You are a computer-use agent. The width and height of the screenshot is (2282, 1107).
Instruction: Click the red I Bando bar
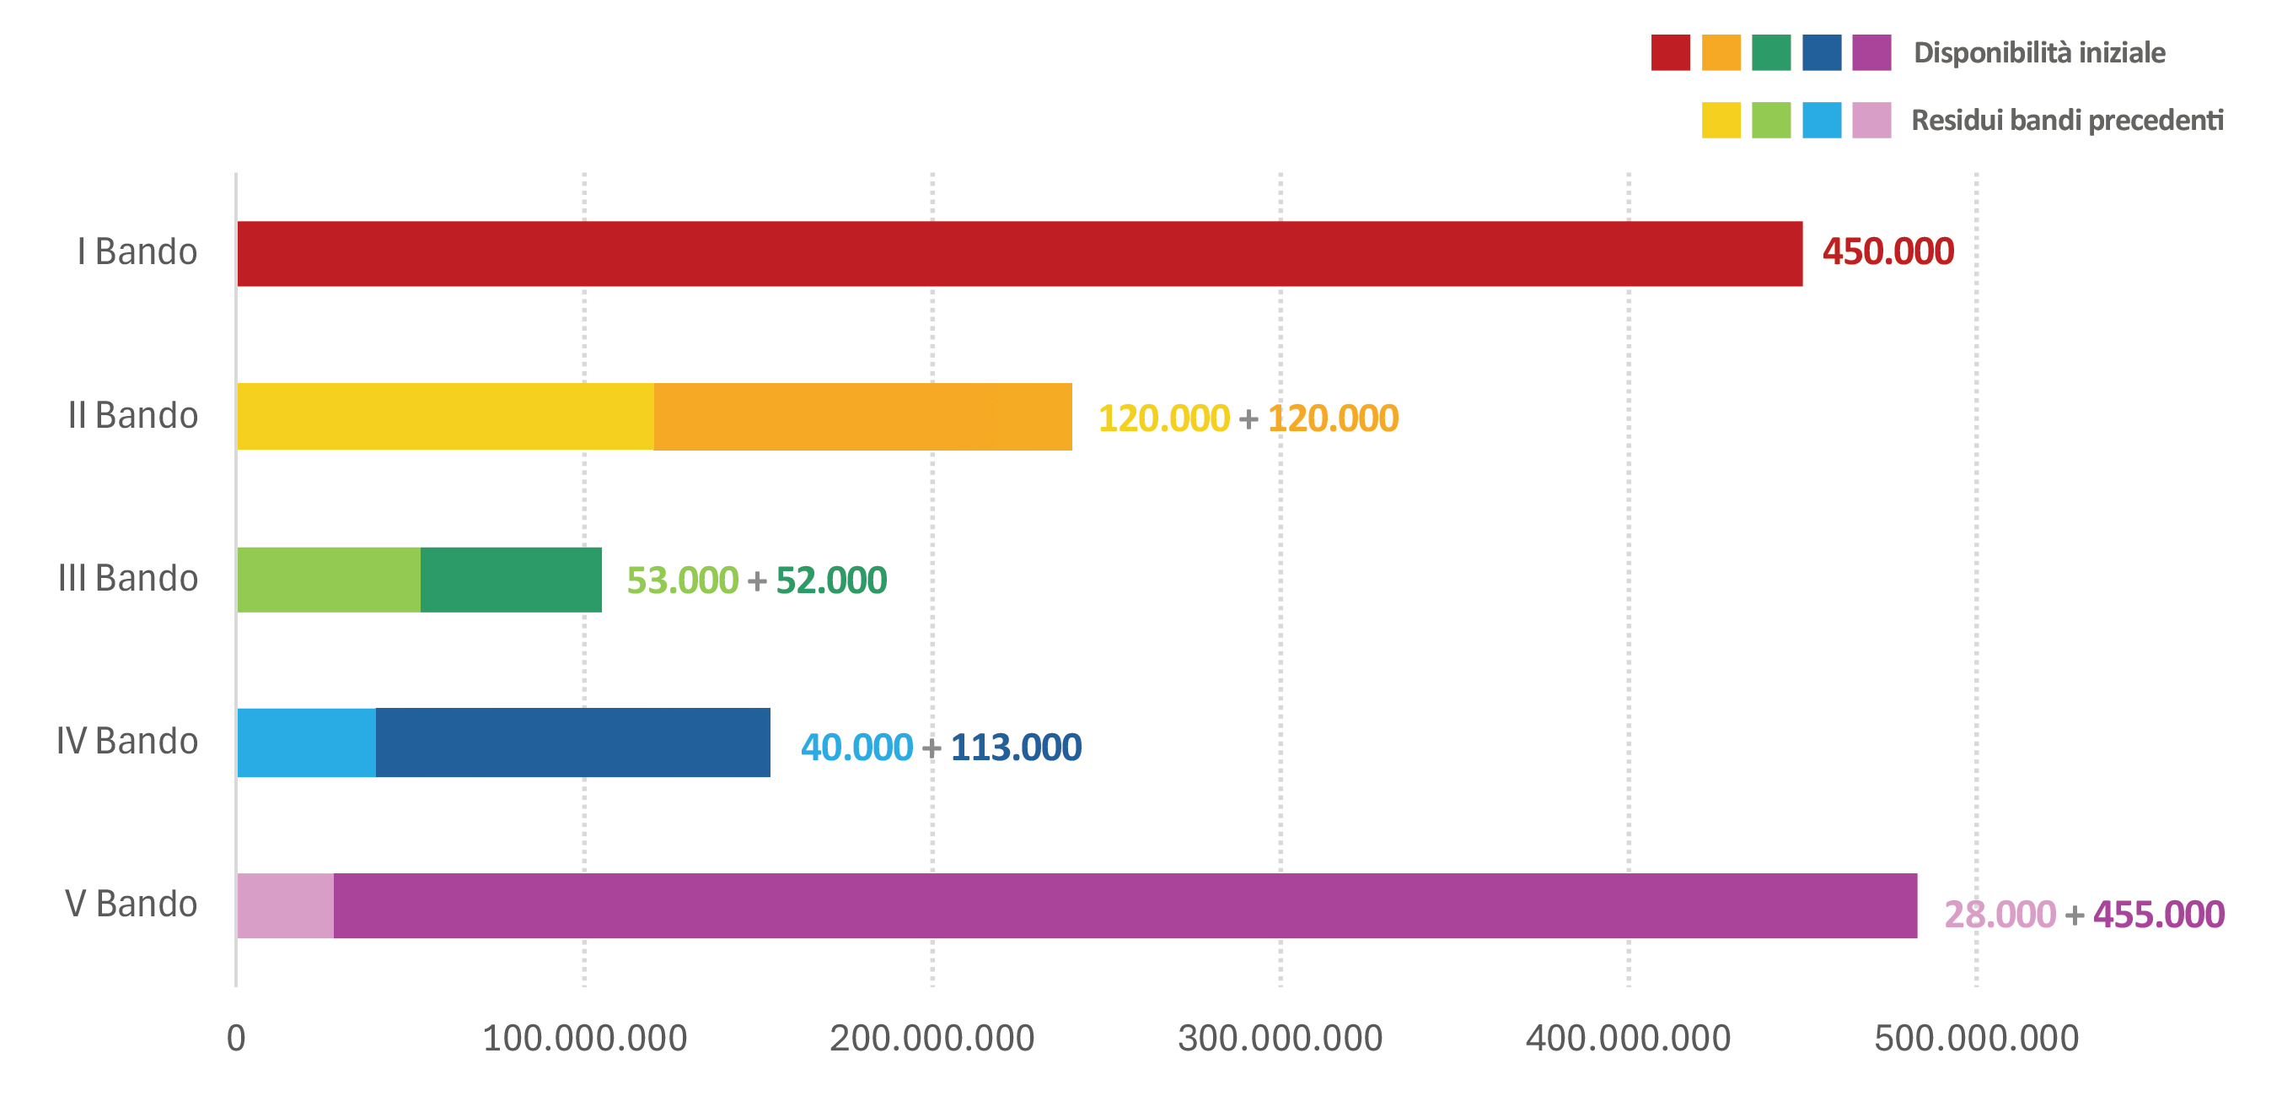[x=1020, y=253]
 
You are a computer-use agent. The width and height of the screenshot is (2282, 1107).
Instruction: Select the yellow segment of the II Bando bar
[x=446, y=417]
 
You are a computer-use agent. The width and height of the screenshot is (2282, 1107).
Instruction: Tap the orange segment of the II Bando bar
[x=863, y=417]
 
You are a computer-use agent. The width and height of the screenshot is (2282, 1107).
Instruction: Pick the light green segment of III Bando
[x=329, y=580]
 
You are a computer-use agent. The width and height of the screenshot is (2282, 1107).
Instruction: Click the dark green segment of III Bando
[x=511, y=580]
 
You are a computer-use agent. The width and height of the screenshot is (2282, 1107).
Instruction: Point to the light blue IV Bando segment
[x=307, y=742]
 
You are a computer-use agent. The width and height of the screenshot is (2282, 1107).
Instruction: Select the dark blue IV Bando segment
[x=573, y=742]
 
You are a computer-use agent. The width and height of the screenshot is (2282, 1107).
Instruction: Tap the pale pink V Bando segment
[x=285, y=906]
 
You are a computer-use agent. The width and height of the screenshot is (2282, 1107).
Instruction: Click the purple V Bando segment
[x=1125, y=906]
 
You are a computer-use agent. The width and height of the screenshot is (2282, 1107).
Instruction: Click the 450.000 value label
[x=1887, y=251]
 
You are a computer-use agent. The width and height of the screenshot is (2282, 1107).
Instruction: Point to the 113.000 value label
[x=1016, y=748]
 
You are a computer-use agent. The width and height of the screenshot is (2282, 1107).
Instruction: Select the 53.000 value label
[x=682, y=580]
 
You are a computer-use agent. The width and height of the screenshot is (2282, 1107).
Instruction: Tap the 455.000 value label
[x=2159, y=915]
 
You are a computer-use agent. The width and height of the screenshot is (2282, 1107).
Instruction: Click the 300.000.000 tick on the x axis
[x=1280, y=1038]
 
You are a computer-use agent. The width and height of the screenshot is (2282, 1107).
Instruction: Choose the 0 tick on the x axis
[x=236, y=1038]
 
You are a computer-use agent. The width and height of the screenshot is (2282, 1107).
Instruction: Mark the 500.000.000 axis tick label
[x=1976, y=1038]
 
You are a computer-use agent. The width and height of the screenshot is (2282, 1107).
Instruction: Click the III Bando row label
[x=127, y=578]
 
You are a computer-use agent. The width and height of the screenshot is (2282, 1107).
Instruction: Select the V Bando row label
[x=132, y=904]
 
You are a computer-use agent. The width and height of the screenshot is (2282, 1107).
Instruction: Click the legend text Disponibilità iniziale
[x=2039, y=53]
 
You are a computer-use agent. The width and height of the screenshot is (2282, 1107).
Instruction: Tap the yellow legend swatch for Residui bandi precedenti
[x=1721, y=121]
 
